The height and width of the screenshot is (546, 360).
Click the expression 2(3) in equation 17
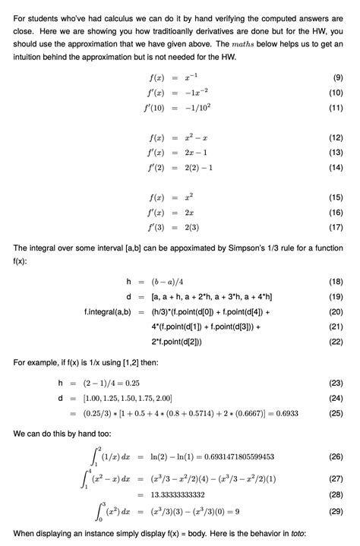pos(183,226)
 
